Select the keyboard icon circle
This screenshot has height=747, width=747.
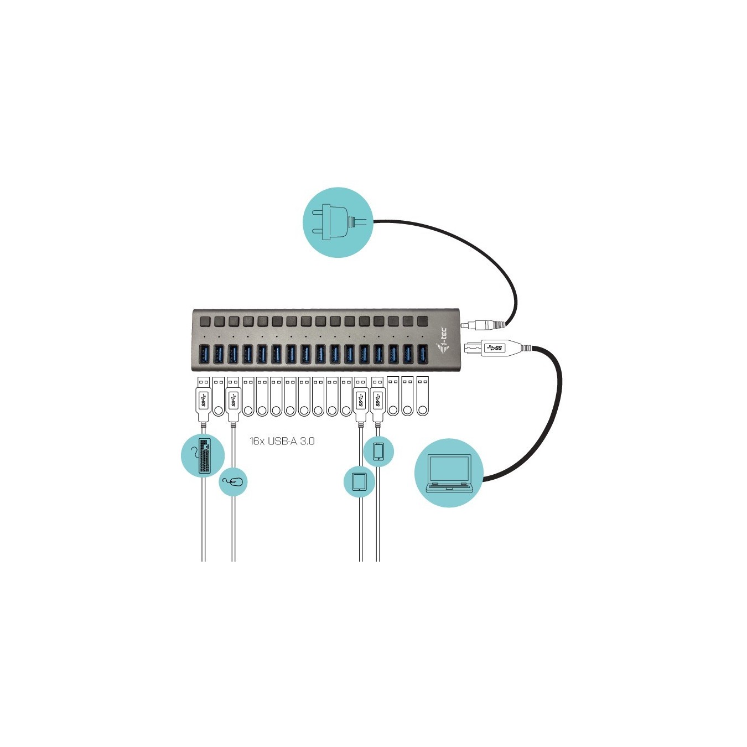pos(203,455)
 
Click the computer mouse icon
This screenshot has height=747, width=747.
pos(233,482)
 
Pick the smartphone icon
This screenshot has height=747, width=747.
pos(378,452)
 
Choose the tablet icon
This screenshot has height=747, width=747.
pos(359,481)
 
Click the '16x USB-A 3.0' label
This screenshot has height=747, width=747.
pos(282,441)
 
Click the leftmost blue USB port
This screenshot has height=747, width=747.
pos(204,354)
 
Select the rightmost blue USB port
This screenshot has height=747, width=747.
pos(423,354)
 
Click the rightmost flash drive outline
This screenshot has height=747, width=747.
pos(423,396)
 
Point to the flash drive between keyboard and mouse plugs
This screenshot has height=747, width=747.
pos(219,396)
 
